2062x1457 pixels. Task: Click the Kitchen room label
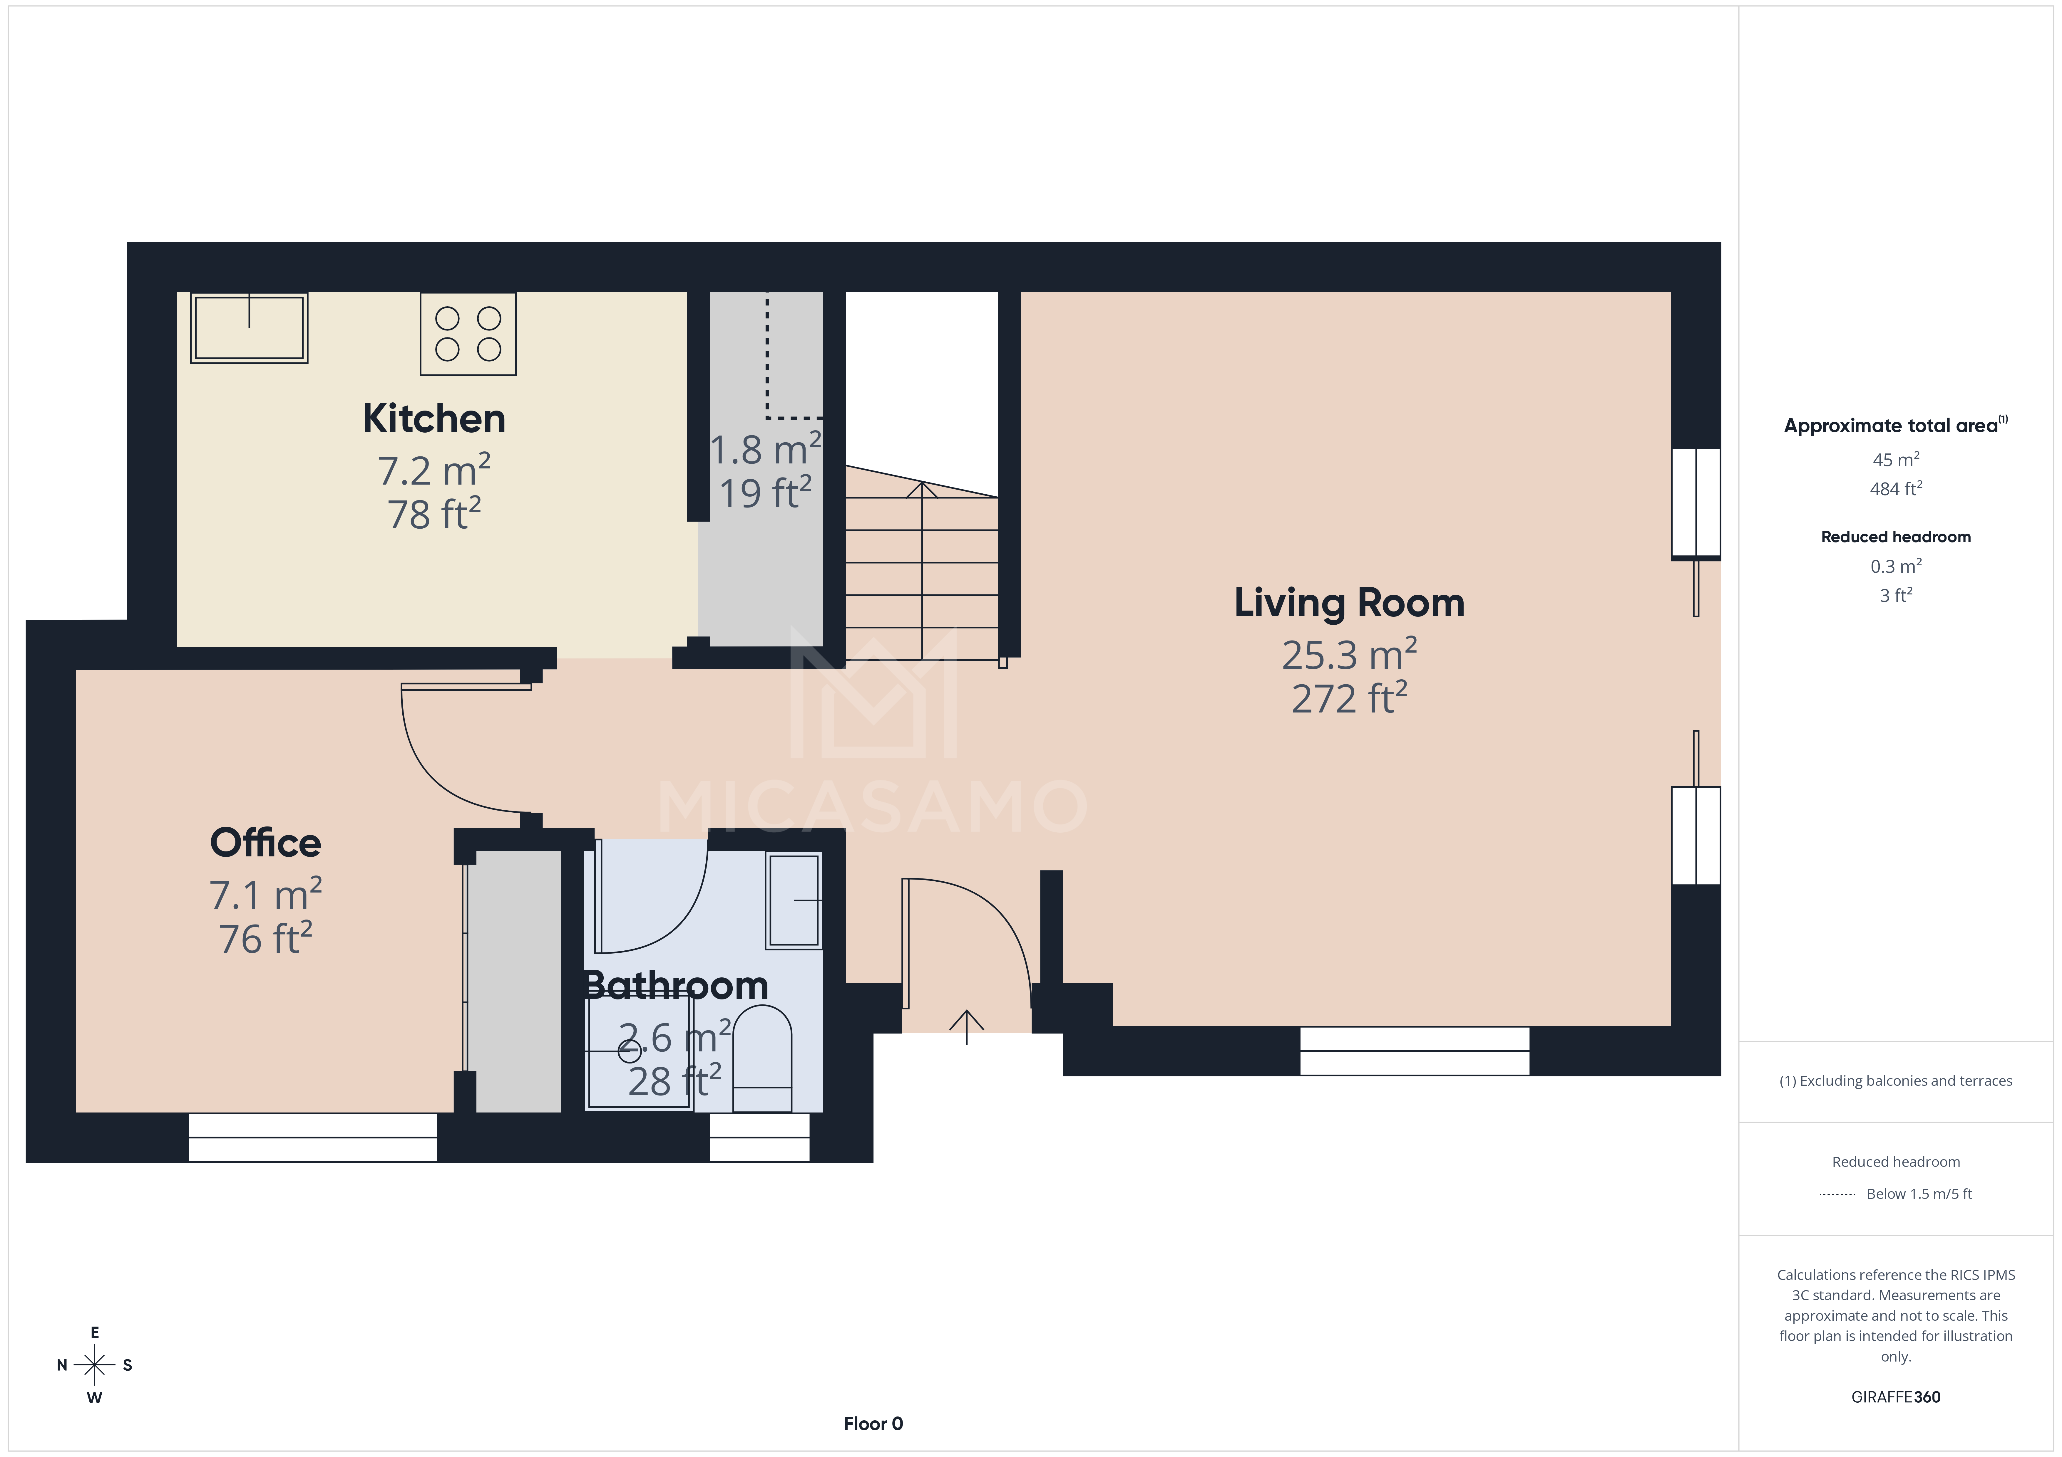434,419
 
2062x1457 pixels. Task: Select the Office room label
265,843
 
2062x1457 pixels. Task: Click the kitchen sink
249,328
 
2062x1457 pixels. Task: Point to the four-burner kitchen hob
468,333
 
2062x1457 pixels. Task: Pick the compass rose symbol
94,1364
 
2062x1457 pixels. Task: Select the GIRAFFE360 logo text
1895,1397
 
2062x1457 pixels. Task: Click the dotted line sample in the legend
1837,1194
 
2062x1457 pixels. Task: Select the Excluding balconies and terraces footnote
1895,1081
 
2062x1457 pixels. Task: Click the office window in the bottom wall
312,1137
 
